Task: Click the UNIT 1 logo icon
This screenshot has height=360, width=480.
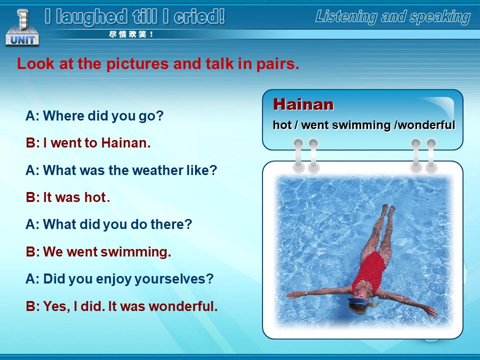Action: pos(22,27)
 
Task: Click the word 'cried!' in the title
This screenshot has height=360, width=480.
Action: pos(199,16)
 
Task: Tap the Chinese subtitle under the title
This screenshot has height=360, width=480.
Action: pos(130,34)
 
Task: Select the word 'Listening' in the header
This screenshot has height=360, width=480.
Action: pos(346,17)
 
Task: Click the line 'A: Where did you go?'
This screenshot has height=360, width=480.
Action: pos(94,116)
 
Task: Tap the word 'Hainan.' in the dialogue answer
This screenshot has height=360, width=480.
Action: pos(126,142)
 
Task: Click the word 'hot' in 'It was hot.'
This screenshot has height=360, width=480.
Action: pos(95,197)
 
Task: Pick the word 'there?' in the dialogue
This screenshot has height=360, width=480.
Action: pos(171,224)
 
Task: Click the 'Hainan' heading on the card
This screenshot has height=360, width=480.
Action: pos(303,104)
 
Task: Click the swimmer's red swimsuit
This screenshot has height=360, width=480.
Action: pos(369,271)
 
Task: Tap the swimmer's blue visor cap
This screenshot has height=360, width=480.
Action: pos(357,301)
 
